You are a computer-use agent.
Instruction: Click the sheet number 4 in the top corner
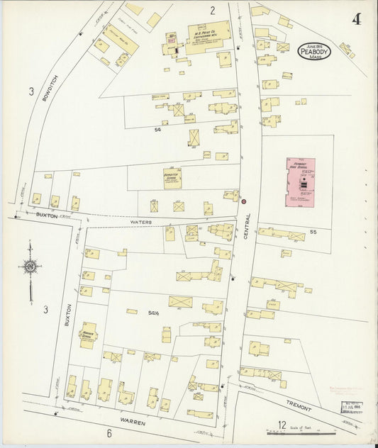pyautogui.click(x=355, y=19)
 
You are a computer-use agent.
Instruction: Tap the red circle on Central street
pyautogui.click(x=244, y=201)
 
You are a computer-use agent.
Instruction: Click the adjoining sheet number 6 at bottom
pyautogui.click(x=109, y=433)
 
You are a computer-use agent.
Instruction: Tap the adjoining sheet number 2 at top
pyautogui.click(x=211, y=10)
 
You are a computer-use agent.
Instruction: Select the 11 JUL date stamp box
pyautogui.click(x=347, y=410)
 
